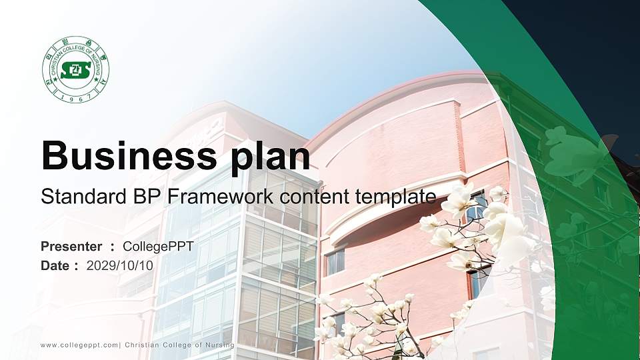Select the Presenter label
[x=71, y=247]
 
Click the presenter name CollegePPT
[x=158, y=247]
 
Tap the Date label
[x=55, y=265]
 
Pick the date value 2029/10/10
[x=119, y=265]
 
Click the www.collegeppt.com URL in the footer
[x=79, y=345]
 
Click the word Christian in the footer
[x=143, y=345]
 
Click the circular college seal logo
[x=75, y=70]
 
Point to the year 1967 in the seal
[x=75, y=97]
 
